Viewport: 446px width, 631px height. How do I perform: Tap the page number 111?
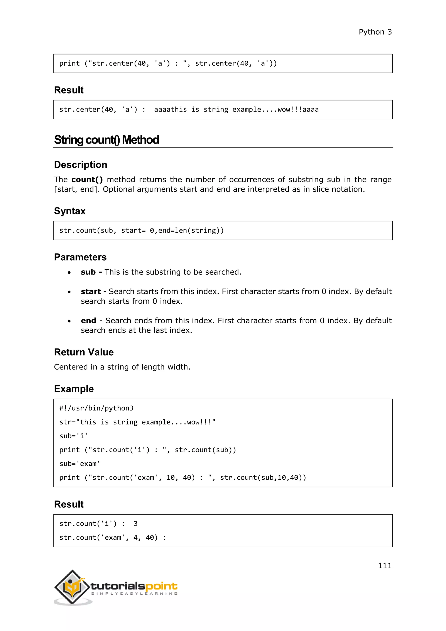point(385,565)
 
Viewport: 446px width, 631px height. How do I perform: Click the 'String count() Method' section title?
point(106,140)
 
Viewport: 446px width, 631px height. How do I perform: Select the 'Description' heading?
point(80,165)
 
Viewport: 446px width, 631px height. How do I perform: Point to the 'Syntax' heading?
point(70,211)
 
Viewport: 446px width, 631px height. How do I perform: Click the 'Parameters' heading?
point(80,257)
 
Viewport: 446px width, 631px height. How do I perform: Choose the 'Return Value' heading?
point(84,352)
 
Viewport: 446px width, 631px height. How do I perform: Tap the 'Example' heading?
point(74,389)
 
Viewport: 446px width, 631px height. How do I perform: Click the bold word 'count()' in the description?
point(87,180)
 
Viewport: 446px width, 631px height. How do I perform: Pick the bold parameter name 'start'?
point(91,291)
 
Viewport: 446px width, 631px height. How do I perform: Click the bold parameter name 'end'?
point(88,321)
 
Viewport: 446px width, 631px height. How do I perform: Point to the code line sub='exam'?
point(80,464)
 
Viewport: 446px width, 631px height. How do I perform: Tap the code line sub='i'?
point(73,436)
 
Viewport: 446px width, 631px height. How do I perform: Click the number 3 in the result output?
point(135,524)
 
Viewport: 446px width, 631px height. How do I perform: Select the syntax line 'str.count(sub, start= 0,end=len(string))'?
point(141,230)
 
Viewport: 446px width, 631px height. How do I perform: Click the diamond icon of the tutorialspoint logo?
point(72,587)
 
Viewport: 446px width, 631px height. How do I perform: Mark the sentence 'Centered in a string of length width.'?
point(122,367)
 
